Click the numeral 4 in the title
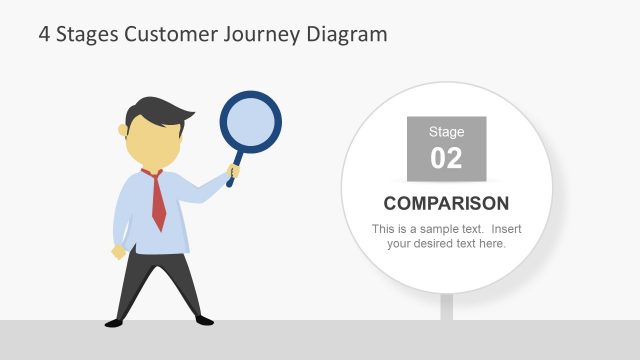click(44, 34)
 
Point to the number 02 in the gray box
click(446, 158)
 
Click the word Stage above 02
click(446, 132)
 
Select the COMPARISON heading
click(446, 204)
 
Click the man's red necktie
click(157, 200)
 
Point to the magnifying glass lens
click(249, 123)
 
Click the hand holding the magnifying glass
click(233, 173)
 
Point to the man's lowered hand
click(119, 251)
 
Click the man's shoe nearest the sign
click(200, 319)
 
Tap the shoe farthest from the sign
click(114, 322)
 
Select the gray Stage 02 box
click(446, 149)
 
